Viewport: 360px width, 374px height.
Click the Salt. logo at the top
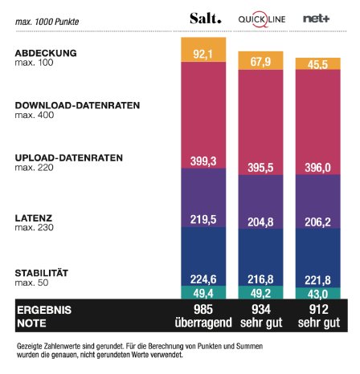(x=203, y=18)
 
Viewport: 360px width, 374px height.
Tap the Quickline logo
(x=260, y=18)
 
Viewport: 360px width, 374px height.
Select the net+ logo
(x=316, y=18)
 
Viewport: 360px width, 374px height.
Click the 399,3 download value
(x=203, y=161)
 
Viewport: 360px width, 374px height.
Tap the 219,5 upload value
(x=203, y=217)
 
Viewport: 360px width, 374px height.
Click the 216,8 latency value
(x=260, y=279)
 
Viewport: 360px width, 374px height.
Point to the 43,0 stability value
(x=317, y=293)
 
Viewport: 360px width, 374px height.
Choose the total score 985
(x=203, y=309)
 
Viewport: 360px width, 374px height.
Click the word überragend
(x=203, y=322)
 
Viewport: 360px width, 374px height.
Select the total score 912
(x=317, y=309)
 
